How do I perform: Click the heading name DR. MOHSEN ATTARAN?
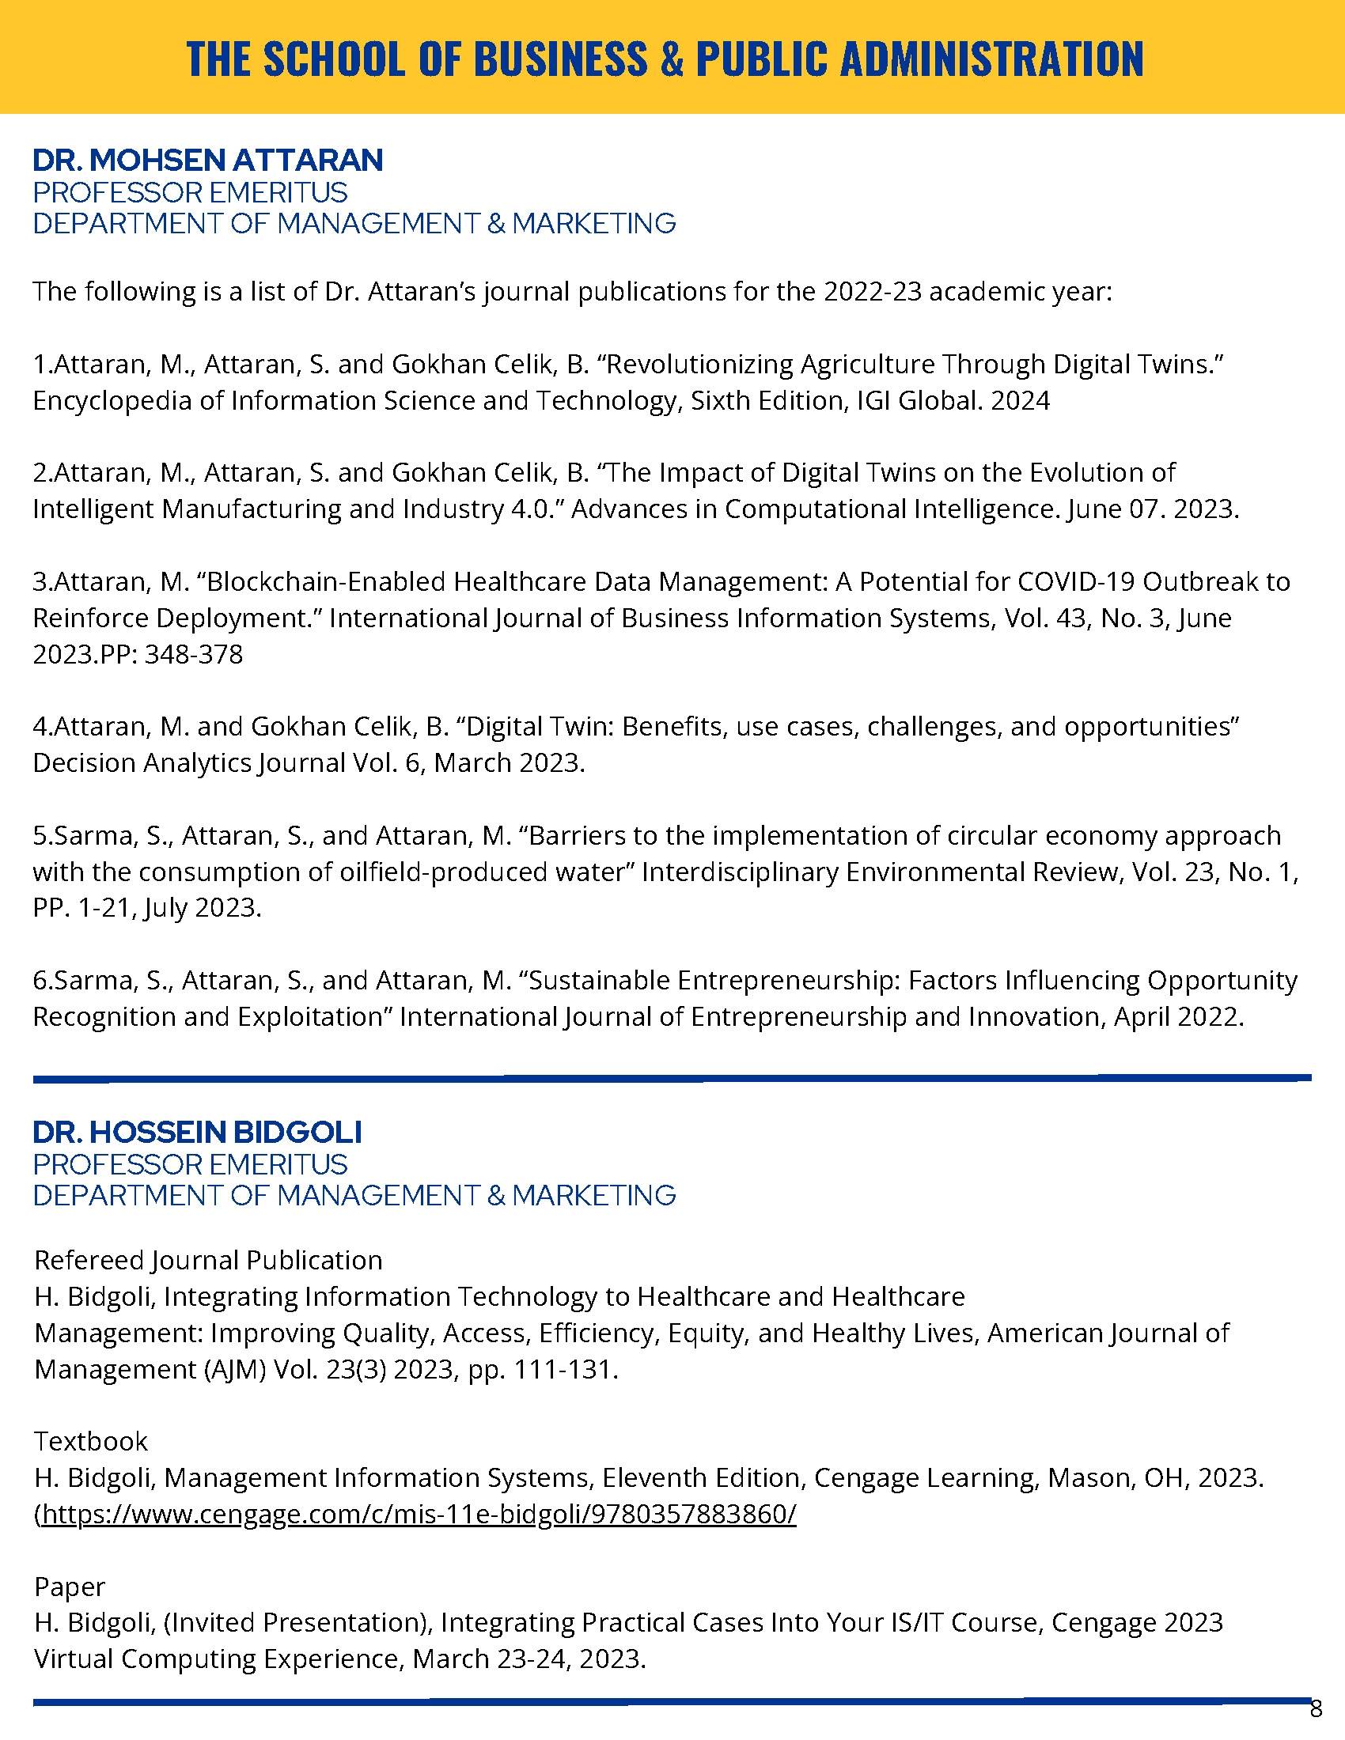coord(208,160)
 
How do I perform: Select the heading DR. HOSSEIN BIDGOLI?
coord(198,1131)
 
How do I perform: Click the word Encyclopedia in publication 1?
coord(112,400)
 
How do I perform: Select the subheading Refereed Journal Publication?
coord(209,1260)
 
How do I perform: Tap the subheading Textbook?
coord(91,1440)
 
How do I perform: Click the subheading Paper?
coord(70,1587)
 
